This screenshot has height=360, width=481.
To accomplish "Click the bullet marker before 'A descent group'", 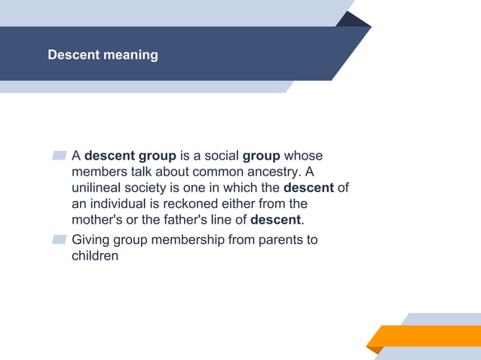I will point(60,157).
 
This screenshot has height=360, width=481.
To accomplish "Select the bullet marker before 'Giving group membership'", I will point(60,240).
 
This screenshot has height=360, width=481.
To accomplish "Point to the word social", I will point(220,156).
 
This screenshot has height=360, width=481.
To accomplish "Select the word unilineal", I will point(100,188).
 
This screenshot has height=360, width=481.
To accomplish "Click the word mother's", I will point(98,220).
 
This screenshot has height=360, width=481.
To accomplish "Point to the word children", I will point(95,256).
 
